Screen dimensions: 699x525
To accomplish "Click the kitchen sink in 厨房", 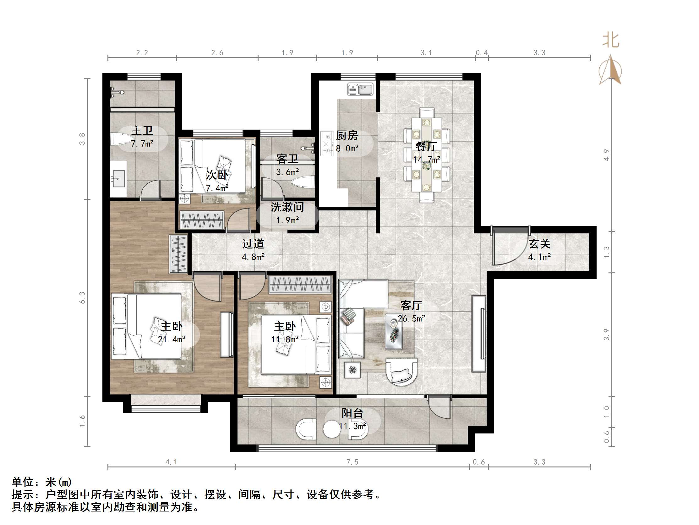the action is point(360,89).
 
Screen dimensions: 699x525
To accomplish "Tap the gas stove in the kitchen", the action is point(327,143).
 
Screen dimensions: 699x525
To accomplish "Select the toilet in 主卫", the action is point(119,139).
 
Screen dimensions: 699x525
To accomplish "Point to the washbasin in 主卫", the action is point(118,178).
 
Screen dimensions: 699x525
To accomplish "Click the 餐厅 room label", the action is point(426,147).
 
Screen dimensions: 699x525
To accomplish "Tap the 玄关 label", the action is point(539,244).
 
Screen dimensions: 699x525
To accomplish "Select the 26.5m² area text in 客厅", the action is point(411,318).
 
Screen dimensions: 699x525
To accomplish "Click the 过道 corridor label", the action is point(253,244).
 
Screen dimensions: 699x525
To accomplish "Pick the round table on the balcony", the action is point(331,429).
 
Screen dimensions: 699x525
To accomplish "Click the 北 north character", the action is point(610,41).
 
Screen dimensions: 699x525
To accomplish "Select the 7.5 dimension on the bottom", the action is point(352,462).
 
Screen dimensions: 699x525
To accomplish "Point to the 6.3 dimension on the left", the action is point(82,298).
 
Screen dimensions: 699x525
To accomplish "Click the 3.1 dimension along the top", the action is point(426,53).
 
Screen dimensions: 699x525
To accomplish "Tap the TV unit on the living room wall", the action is point(478,334).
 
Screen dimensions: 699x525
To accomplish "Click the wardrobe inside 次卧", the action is point(202,220).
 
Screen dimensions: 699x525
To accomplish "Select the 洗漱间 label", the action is point(287,207).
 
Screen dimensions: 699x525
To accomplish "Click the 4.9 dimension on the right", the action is point(606,155).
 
